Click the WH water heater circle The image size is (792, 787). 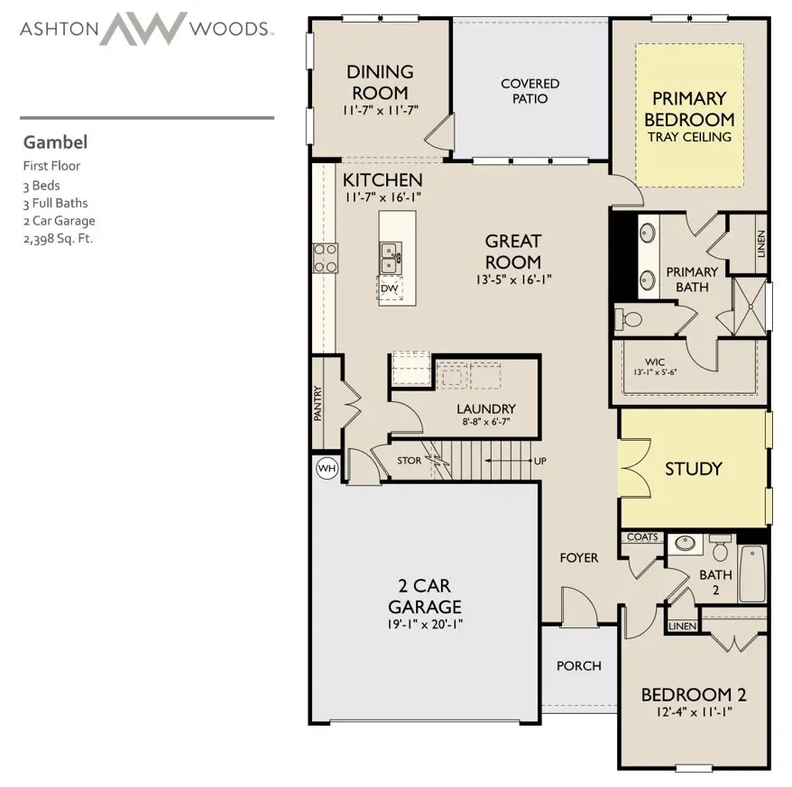327,468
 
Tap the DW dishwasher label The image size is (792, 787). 390,288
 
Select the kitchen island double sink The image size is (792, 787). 391,258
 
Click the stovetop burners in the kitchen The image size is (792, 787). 326,258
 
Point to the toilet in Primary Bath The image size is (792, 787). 628,319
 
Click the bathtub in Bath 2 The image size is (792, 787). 752,573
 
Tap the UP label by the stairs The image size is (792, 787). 540,461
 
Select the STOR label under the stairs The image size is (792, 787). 409,461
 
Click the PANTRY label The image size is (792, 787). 318,403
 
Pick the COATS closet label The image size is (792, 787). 642,536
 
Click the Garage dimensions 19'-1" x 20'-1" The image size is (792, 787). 425,625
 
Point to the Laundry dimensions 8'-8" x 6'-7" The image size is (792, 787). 486,422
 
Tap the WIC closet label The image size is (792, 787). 655,362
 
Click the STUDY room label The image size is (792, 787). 693,469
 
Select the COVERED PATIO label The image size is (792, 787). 530,91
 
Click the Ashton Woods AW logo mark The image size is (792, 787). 144,28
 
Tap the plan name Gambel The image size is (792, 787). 55,142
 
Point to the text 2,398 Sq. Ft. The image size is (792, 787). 58,238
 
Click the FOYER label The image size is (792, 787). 579,558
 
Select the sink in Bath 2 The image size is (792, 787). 685,544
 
